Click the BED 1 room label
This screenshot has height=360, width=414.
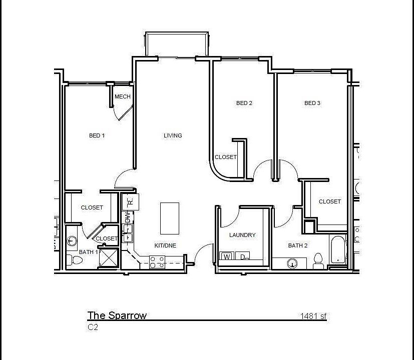[x=97, y=135]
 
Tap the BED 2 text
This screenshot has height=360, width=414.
[x=244, y=103]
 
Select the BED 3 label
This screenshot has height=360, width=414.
[x=312, y=103]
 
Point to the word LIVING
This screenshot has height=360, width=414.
[x=173, y=135]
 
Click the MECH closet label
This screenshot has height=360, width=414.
[x=122, y=96]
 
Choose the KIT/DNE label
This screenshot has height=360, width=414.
[x=165, y=245]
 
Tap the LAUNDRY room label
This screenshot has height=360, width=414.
[x=242, y=235]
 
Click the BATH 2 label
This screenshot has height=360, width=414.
[x=297, y=245]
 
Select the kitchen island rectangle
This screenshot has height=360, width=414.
[x=170, y=218]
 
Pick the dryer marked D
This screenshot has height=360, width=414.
[x=243, y=257]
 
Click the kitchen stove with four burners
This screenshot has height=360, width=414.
[x=157, y=261]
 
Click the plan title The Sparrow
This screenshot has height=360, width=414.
[x=117, y=315]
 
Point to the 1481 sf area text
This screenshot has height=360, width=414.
[x=313, y=315]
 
